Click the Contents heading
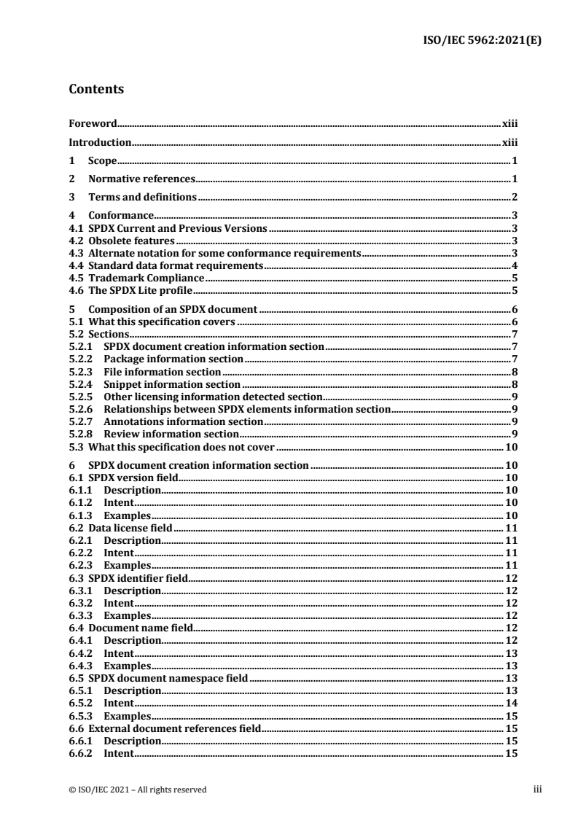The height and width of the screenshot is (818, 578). [95, 90]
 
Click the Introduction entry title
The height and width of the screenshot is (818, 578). [100, 143]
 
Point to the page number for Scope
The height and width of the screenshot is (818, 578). [515, 161]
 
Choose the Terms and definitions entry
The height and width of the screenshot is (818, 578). [143, 197]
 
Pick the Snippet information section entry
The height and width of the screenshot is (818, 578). [172, 384]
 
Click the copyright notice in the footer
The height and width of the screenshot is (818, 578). [137, 789]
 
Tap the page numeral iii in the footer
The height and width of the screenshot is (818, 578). [538, 789]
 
